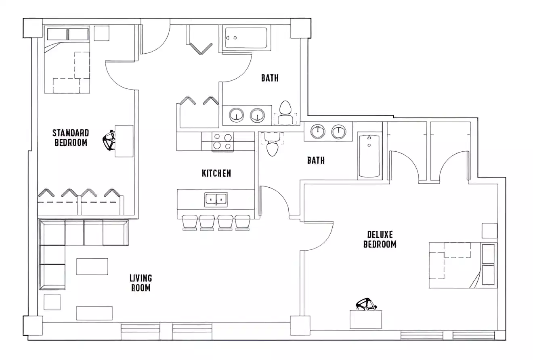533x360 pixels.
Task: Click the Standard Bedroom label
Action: coord(71,138)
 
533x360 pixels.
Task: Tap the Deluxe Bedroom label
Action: coord(380,239)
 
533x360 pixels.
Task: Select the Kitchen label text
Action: coord(216,173)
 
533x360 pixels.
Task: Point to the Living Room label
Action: coord(141,283)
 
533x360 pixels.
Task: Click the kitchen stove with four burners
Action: coord(222,142)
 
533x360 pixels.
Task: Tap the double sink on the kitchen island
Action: coord(216,199)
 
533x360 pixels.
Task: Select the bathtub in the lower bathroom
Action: coord(369,156)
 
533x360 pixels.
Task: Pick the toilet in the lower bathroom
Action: coord(273,145)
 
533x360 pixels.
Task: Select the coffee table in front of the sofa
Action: coord(92,267)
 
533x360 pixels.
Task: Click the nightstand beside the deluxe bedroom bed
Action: coord(489,230)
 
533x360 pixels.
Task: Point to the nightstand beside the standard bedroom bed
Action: coord(101,33)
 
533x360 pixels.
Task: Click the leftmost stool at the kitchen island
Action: coord(189,222)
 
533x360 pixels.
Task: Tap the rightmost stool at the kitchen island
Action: coord(242,222)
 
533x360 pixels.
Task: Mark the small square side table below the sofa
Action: coord(52,302)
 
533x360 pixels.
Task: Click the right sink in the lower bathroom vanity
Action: coord(339,131)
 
